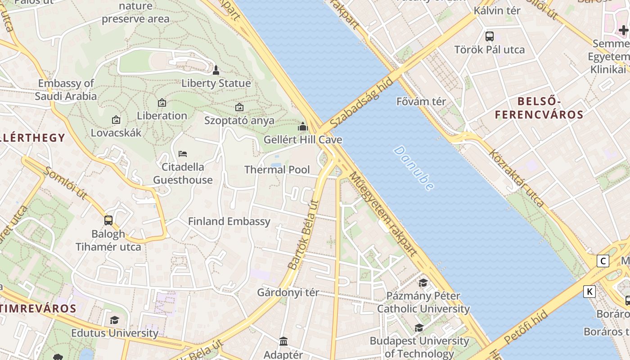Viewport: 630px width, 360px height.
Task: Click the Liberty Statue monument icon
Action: (x=216, y=70)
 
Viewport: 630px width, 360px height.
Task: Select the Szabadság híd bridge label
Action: (x=361, y=102)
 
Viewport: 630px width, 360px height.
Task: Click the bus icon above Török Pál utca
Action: (x=489, y=36)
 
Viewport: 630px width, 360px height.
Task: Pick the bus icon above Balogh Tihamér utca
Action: (x=108, y=220)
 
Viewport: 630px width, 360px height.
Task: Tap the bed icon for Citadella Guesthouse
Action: (x=182, y=154)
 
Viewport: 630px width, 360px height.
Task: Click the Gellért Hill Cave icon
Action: (x=303, y=126)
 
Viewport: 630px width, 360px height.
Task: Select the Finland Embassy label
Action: (x=229, y=221)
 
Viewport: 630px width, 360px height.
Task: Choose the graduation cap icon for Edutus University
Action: (x=115, y=320)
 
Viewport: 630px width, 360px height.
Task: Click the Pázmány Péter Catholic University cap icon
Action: (x=423, y=283)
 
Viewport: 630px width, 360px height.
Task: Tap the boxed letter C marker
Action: (x=603, y=261)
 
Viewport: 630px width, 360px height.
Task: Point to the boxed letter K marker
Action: (x=589, y=292)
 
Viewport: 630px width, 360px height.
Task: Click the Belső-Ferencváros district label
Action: (x=539, y=108)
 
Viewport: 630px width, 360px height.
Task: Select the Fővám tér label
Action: (x=421, y=101)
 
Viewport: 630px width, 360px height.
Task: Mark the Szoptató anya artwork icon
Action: (x=239, y=107)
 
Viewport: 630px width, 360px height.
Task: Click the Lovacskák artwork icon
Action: (x=116, y=120)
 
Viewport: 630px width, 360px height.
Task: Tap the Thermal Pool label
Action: (x=277, y=170)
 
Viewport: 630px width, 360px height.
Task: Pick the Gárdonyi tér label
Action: (x=288, y=292)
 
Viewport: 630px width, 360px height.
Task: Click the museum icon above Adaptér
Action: (x=283, y=342)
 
